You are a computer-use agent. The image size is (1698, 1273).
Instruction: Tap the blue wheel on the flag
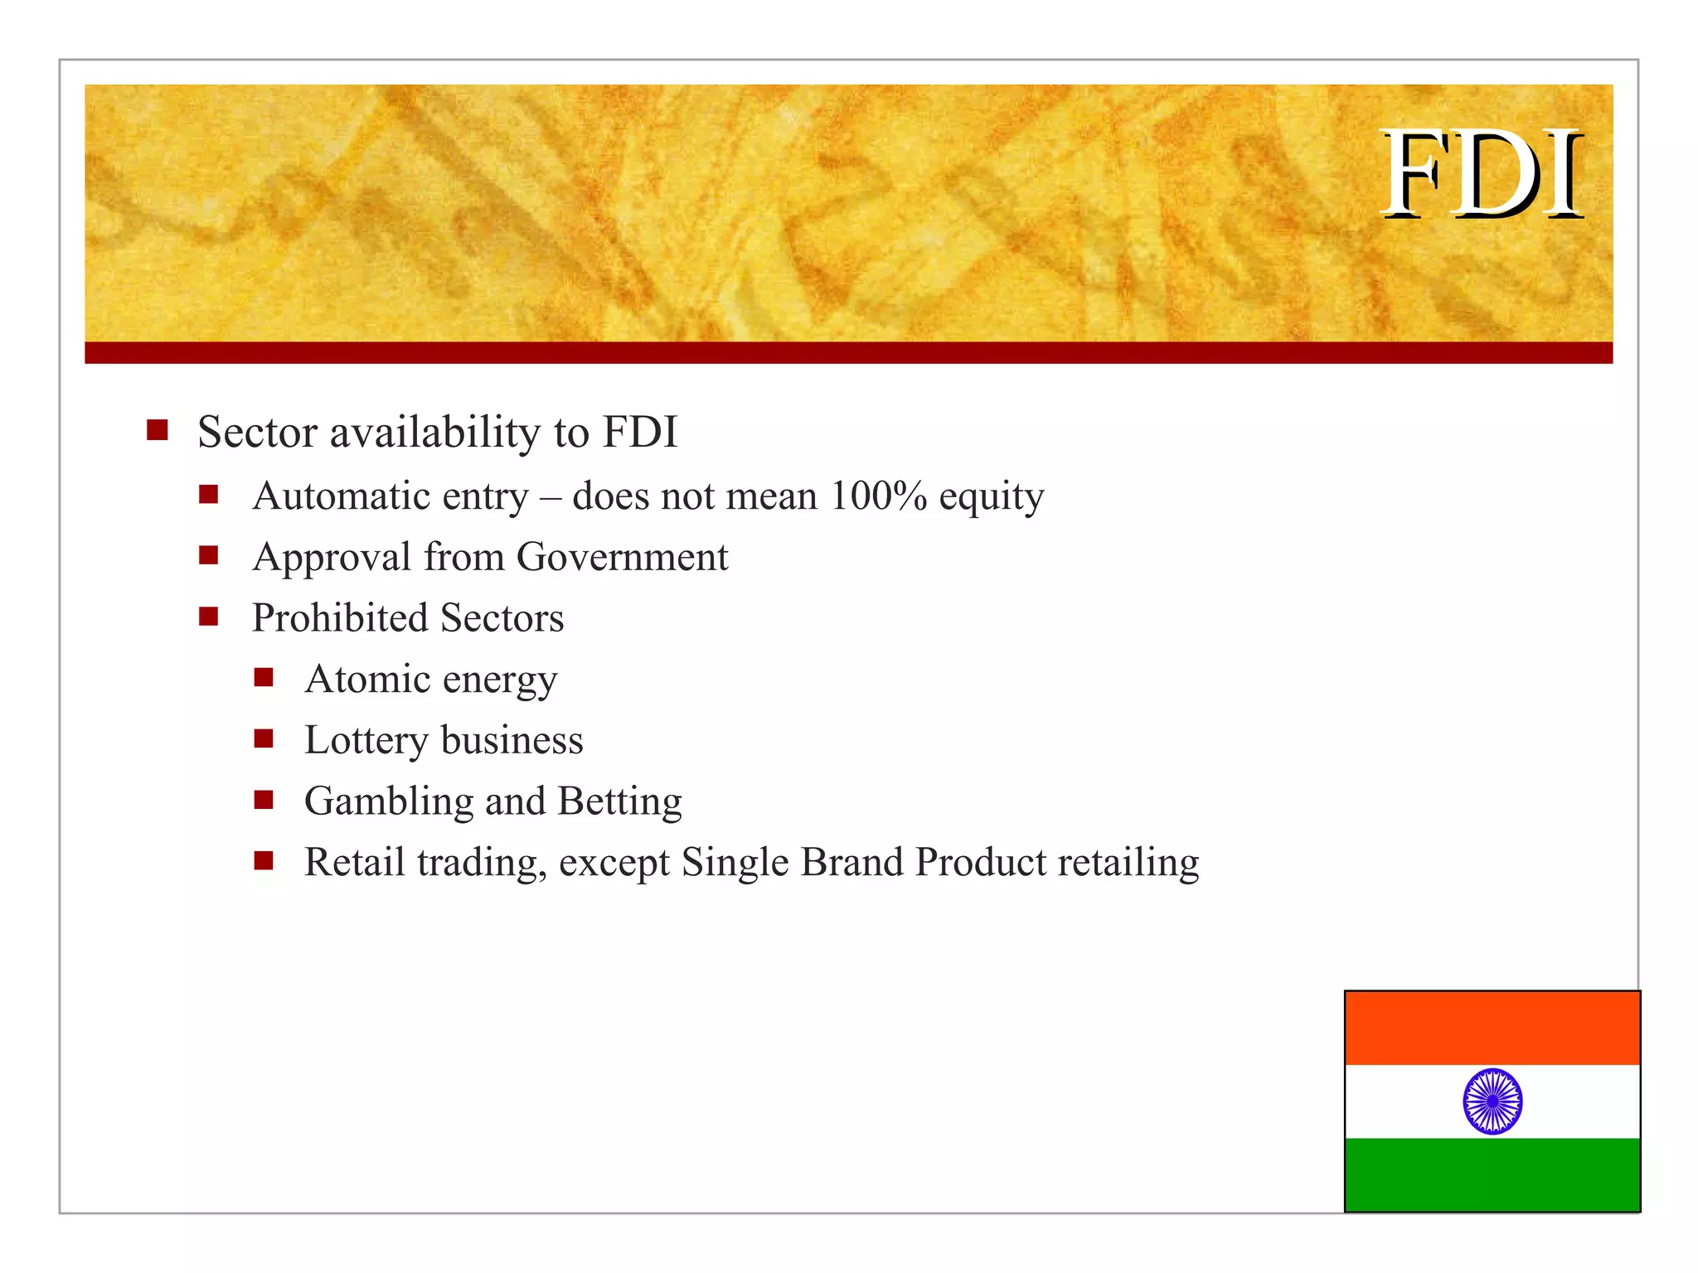tap(1492, 1101)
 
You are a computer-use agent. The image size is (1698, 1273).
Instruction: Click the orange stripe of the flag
tap(1492, 1029)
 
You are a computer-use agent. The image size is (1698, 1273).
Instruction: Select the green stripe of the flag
tap(1492, 1174)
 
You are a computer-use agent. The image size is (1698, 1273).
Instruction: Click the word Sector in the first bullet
tap(257, 433)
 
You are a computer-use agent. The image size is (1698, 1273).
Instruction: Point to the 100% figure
tap(878, 496)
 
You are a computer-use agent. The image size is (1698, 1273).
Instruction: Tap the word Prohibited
tap(340, 618)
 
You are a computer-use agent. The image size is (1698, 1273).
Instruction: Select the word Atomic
tap(367, 679)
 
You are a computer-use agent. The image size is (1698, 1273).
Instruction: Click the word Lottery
tap(366, 740)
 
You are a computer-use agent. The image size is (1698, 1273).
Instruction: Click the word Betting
tap(619, 801)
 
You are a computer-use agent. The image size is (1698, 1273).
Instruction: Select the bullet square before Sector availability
tap(158, 430)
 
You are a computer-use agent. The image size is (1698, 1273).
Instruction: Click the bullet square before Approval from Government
tap(208, 555)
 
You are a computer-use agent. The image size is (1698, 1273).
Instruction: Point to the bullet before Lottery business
tap(264, 738)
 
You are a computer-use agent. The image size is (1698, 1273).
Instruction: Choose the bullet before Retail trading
tap(264, 860)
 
